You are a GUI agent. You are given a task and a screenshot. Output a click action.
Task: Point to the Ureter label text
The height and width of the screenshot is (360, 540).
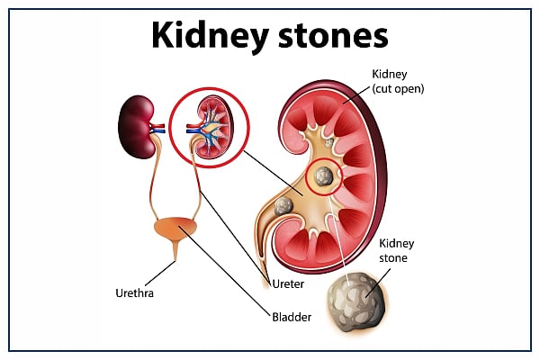290,283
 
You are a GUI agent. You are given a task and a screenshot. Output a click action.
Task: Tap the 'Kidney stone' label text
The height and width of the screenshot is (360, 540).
395,250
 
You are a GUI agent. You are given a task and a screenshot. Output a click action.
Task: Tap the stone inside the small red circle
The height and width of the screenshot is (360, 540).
322,175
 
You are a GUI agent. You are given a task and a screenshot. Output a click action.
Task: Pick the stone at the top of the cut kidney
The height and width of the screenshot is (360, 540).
330,141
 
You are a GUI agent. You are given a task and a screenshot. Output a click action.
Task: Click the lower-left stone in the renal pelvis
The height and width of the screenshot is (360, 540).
284,206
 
